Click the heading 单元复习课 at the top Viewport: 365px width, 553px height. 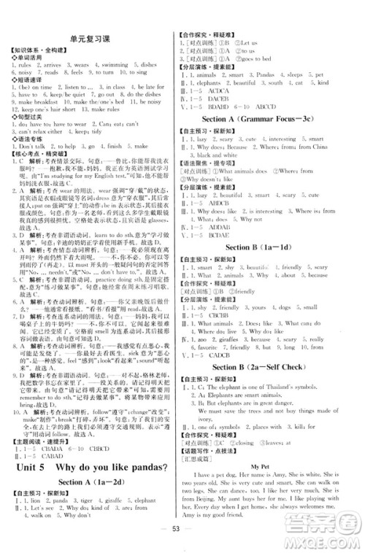[90, 40]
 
